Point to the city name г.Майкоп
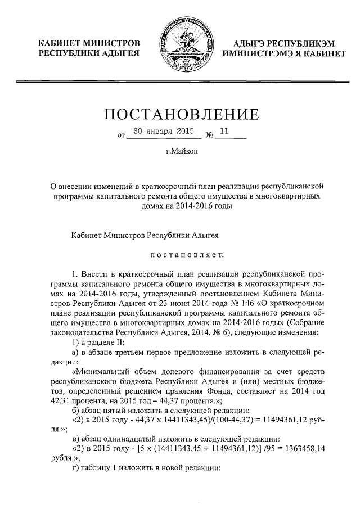[182, 151]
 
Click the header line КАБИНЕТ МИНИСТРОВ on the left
[88, 43]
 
